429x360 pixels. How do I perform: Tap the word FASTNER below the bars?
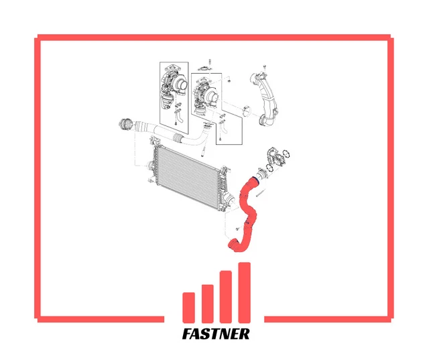[x=216, y=334]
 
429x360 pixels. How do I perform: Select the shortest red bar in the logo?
[x=188, y=308]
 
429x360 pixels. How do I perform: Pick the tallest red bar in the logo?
[x=244, y=293]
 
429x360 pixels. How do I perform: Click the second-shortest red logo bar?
[x=207, y=304]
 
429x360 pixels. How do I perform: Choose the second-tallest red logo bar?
[x=226, y=297]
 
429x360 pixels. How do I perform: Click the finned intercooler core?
[x=188, y=175]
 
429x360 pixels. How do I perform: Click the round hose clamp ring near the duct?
[x=247, y=111]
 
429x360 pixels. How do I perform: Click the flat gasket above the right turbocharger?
[x=204, y=68]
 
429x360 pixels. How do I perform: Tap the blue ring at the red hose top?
[x=255, y=179]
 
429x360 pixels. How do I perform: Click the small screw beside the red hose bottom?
[x=236, y=229]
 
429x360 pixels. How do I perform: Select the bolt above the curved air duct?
[x=264, y=67]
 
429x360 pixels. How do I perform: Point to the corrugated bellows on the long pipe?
[x=178, y=137]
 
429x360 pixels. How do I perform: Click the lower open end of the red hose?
[x=232, y=243]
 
